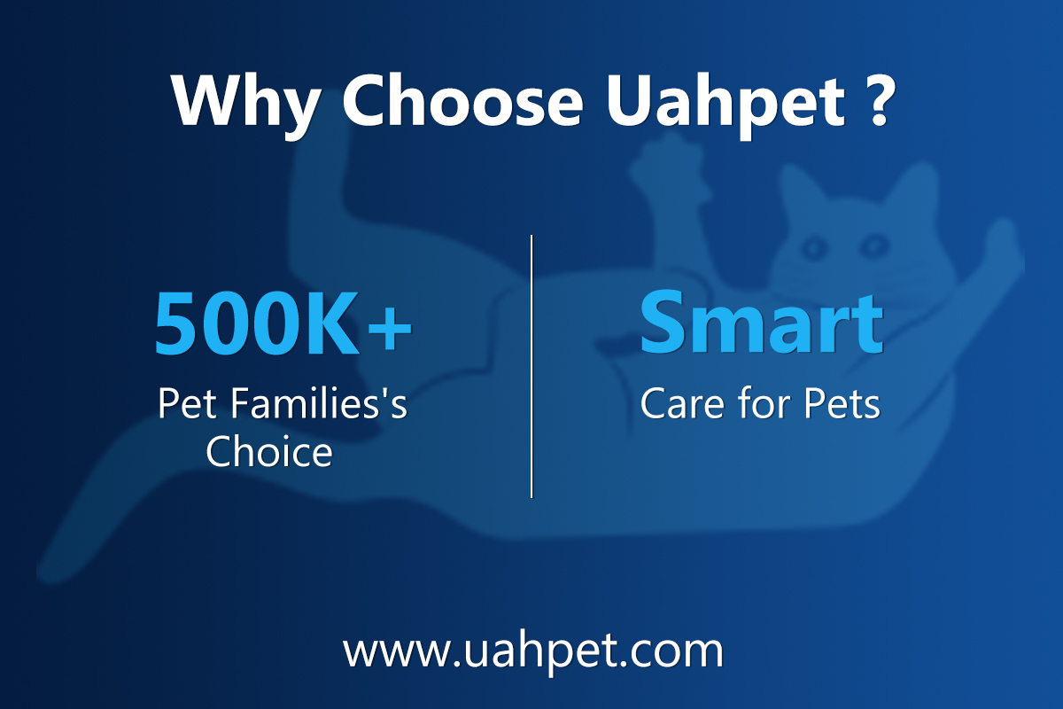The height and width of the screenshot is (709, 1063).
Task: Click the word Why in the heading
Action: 246,105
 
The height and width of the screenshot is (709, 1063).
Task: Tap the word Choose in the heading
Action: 462,101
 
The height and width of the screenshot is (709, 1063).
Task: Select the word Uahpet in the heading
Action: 725,105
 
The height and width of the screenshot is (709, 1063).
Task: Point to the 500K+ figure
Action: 283,323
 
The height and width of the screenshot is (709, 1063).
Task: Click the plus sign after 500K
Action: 390,328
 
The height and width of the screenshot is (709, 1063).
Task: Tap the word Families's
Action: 320,403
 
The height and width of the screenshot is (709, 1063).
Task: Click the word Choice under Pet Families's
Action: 269,452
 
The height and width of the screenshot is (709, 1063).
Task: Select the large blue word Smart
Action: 762,322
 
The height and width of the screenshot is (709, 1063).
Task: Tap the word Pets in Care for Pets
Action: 842,403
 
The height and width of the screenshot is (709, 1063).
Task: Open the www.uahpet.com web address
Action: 533,652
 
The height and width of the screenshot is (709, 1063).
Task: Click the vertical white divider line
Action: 531,366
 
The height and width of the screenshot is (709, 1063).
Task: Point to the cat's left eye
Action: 813,247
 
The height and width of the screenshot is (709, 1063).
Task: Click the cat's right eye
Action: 874,245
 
